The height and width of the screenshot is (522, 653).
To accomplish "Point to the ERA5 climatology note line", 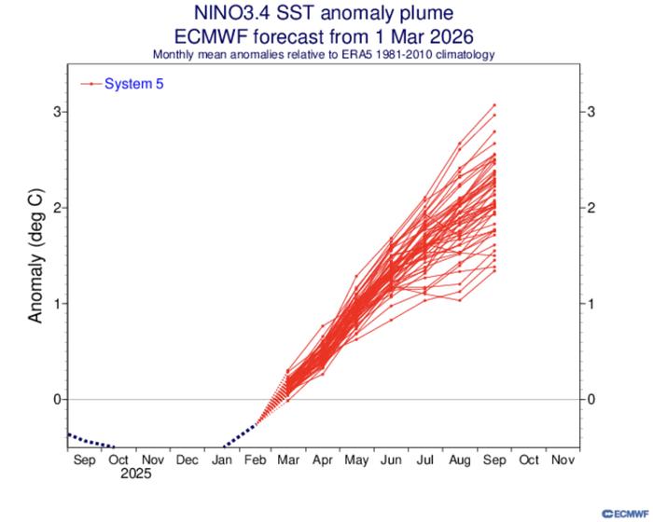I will (x=326, y=54).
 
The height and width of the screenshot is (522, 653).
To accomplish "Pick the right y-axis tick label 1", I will (x=590, y=304).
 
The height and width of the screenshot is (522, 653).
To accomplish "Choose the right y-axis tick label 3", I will (x=590, y=112).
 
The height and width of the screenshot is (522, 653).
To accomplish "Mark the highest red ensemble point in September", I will (x=494, y=104).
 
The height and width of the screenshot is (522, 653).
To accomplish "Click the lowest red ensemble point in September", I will (x=494, y=270).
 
